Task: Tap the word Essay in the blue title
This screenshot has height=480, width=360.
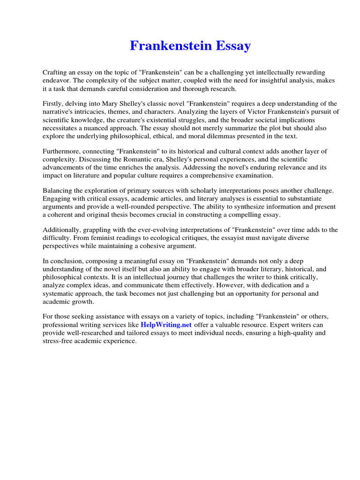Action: [233, 46]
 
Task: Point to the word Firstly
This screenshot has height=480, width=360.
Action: [53, 104]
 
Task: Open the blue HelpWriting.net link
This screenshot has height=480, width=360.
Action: [166, 325]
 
